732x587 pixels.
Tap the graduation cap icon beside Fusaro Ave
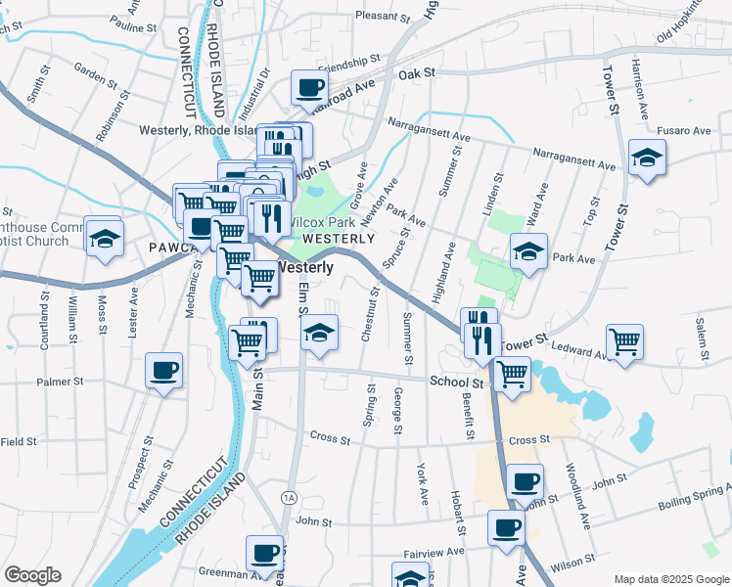[646, 158]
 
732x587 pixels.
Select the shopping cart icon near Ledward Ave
[624, 342]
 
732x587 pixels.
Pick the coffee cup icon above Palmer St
[163, 371]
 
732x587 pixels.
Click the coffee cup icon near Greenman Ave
[264, 554]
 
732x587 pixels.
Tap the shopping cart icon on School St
[513, 374]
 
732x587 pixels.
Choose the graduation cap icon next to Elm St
[318, 333]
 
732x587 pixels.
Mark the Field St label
[18, 442]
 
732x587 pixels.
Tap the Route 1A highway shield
[288, 496]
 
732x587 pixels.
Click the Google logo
[32, 575]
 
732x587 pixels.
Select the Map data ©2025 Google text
[670, 579]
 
